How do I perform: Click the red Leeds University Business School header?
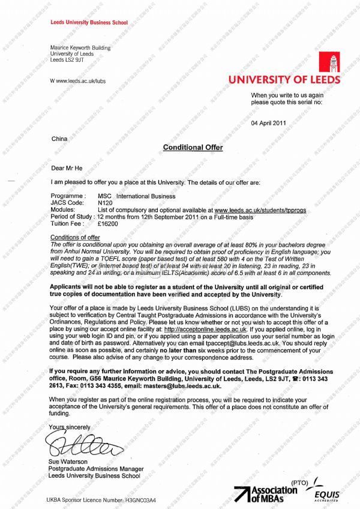tap(89, 22)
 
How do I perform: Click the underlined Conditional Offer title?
tap(193, 148)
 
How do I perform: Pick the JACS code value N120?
tap(105, 203)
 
